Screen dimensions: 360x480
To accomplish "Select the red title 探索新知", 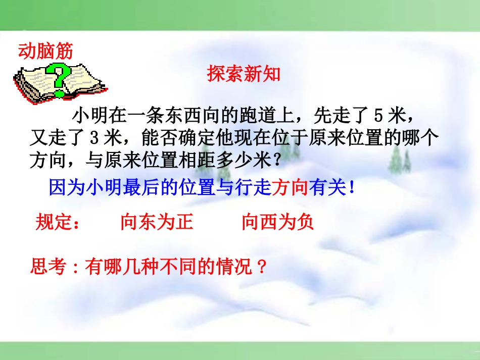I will [244, 75].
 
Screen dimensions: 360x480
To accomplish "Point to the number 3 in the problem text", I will [96, 138].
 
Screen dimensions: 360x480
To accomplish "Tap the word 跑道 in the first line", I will [262, 116].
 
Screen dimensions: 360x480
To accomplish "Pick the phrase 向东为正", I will [157, 222].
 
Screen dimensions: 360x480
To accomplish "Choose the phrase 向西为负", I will [277, 222].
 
